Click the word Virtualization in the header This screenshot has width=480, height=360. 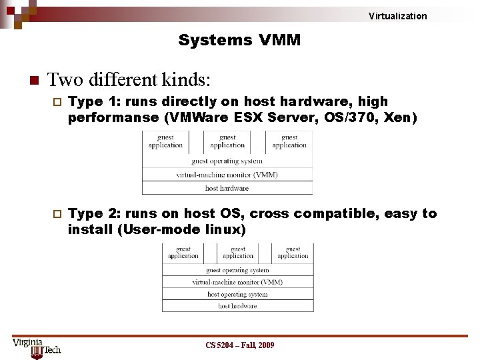[397, 16]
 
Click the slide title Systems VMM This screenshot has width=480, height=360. [239, 41]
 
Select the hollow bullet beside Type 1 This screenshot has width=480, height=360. [56, 102]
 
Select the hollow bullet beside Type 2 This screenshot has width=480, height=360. [56, 214]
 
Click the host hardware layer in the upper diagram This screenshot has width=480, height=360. [227, 188]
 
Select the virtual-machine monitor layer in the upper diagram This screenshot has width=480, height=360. [227, 175]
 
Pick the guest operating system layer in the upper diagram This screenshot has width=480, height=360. [227, 161]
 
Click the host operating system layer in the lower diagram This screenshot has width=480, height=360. [237, 294]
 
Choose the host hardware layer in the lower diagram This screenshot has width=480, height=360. [237, 306]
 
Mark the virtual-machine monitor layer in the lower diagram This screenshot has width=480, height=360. [237, 282]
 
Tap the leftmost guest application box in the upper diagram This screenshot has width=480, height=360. [165, 142]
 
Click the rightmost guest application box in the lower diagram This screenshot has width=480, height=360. [293, 253]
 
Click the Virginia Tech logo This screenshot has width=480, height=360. [36, 347]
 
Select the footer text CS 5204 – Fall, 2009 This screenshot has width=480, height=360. [239, 345]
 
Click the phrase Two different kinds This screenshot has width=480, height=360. [129, 81]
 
